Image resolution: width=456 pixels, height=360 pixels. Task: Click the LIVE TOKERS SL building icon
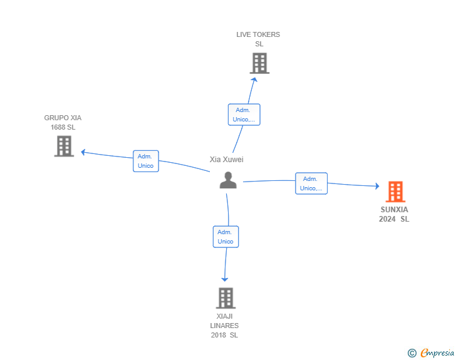point(259,63)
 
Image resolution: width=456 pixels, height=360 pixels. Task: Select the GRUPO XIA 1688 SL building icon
point(64,146)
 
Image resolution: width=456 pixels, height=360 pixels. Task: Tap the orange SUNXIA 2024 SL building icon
point(395,192)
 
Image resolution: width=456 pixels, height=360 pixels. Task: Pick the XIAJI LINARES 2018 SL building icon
point(225,298)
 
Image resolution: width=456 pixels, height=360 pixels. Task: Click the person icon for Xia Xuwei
point(228,180)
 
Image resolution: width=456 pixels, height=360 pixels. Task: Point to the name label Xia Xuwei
point(227,160)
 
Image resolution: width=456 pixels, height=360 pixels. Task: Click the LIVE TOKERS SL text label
point(259,39)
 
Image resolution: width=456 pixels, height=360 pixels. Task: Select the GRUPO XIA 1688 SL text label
point(63,123)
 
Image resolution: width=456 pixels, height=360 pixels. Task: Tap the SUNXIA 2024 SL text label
point(394,214)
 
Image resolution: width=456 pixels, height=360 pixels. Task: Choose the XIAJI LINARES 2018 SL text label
point(225,326)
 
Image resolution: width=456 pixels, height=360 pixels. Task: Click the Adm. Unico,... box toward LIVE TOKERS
point(243,115)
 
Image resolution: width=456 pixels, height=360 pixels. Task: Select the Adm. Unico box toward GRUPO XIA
point(146,161)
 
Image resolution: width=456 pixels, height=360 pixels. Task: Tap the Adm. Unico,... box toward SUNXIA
point(311,183)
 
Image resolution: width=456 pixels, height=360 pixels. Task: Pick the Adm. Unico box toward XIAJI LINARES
point(225,237)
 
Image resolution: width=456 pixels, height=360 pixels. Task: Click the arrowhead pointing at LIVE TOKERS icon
point(254,78)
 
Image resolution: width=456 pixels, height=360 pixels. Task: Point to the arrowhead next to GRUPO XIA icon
point(83,152)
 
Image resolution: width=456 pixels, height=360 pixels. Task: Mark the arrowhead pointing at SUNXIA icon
point(376,186)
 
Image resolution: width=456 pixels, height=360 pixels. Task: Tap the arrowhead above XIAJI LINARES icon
point(225,279)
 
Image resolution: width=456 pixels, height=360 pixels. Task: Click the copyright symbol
point(412,353)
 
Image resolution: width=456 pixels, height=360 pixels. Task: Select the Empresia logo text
point(437,353)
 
